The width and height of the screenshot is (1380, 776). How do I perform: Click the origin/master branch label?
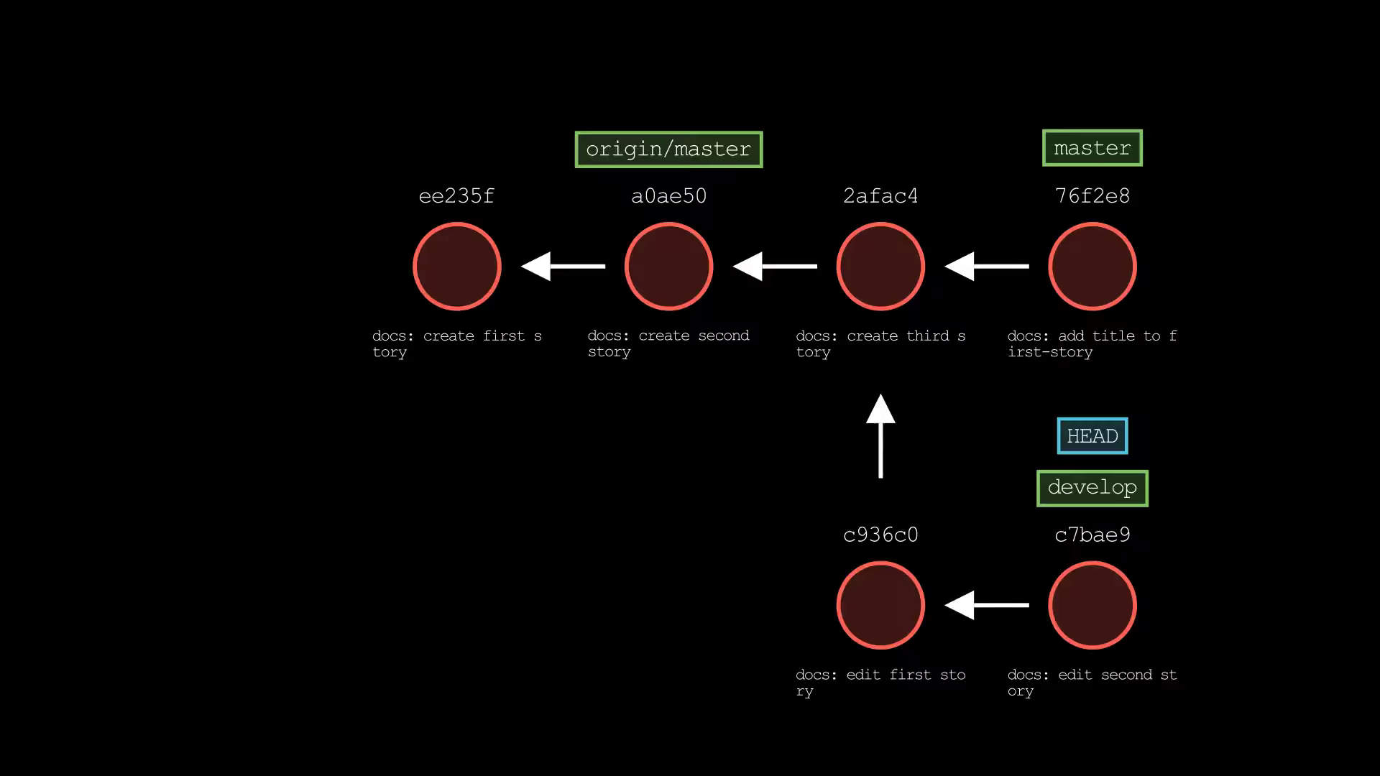click(x=668, y=149)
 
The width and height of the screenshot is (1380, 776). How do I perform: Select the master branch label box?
click(x=1092, y=148)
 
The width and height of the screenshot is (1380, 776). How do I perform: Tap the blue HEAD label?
click(x=1092, y=436)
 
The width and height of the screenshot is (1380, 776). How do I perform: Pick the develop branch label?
click(x=1092, y=488)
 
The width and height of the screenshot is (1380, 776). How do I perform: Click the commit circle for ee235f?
click(x=457, y=267)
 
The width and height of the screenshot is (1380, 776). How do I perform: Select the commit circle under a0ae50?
click(x=668, y=267)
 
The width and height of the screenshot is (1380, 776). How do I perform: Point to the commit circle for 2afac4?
click(x=880, y=267)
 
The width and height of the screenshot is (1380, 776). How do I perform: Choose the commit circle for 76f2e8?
click(x=1092, y=267)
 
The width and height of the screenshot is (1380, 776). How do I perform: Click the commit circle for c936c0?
click(x=880, y=605)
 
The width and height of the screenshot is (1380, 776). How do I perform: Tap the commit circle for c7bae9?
click(x=1092, y=605)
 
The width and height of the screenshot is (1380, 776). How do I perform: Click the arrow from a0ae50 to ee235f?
click(x=563, y=266)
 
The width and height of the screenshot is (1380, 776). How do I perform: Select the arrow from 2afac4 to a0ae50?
click(x=775, y=266)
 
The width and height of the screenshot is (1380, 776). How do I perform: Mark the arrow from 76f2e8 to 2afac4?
click(x=987, y=266)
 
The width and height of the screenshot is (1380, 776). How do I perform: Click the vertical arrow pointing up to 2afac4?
click(x=880, y=435)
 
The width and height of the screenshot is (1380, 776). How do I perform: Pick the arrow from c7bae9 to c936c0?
click(x=987, y=605)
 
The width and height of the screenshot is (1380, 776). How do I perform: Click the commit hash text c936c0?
click(x=880, y=535)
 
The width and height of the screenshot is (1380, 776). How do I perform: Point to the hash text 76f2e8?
click(x=1092, y=195)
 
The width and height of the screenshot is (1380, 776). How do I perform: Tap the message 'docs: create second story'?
click(x=668, y=343)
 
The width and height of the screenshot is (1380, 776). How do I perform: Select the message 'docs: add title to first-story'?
click(x=1092, y=343)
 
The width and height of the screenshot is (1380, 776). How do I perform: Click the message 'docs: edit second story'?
click(x=1092, y=683)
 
